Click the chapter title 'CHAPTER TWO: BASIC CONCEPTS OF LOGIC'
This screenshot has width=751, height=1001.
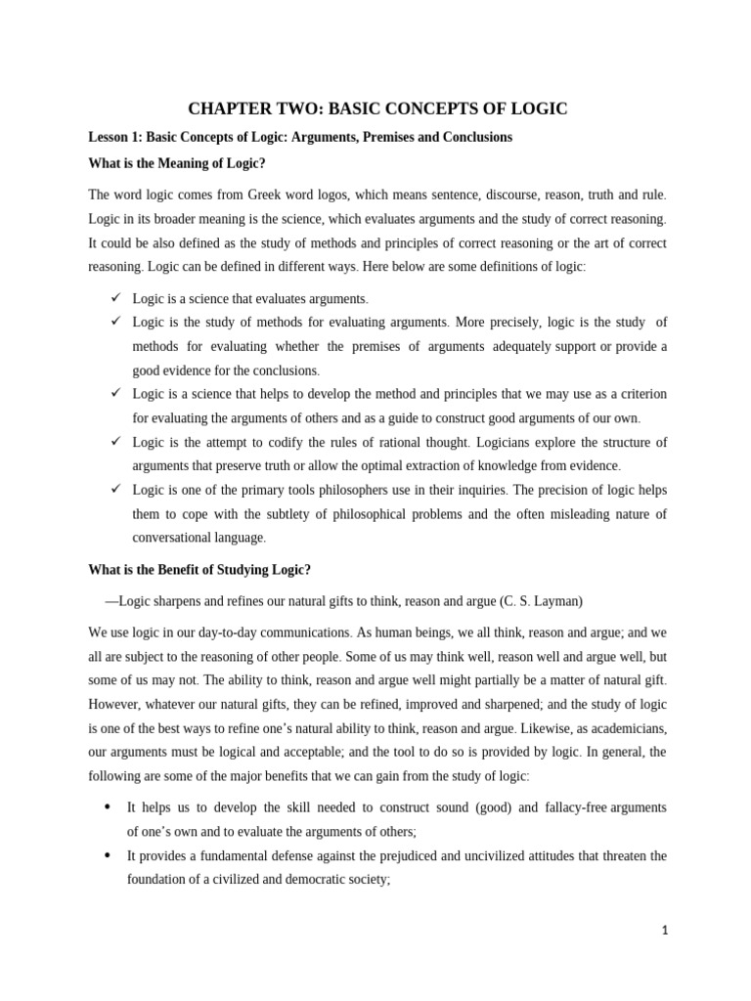click(376, 109)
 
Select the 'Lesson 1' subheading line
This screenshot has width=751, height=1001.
click(300, 137)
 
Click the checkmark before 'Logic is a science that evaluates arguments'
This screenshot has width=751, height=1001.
click(114, 297)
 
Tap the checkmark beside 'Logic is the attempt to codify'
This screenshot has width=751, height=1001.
click(114, 441)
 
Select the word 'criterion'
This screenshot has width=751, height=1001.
click(637, 394)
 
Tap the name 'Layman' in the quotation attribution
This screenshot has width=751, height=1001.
click(557, 601)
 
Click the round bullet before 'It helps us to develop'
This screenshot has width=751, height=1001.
click(106, 807)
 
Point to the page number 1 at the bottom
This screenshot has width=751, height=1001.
click(664, 932)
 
